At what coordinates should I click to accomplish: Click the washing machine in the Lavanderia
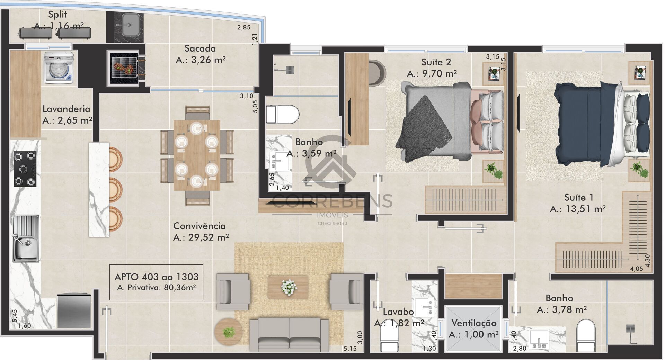click(59, 67)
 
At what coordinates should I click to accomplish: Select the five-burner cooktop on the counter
click(25, 169)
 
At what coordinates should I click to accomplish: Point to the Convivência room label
click(199, 226)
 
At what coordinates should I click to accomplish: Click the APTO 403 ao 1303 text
click(156, 277)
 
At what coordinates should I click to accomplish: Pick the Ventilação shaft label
click(473, 323)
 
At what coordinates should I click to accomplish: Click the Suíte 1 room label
click(579, 198)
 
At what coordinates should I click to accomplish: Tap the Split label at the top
click(57, 15)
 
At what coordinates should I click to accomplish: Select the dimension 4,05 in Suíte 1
click(636, 268)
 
